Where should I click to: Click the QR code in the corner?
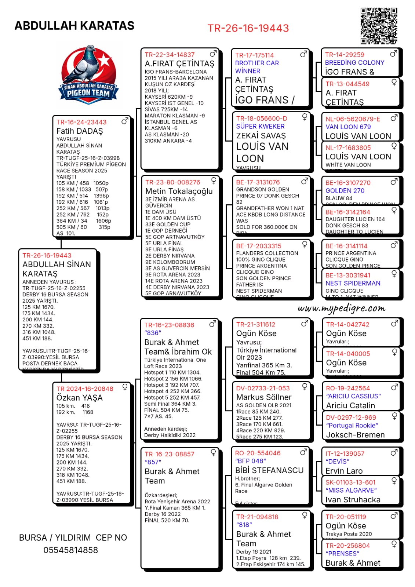[x=379, y=26]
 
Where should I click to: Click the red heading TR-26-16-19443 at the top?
[x=248, y=28]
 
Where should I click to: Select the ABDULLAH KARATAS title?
[x=74, y=26]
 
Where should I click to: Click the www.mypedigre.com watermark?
[x=342, y=309]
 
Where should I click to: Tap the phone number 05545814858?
[x=71, y=550]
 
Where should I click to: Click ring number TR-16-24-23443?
[x=81, y=122]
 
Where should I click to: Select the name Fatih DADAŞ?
[x=80, y=131]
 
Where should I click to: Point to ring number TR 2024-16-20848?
[x=85, y=389]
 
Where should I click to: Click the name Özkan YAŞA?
[x=79, y=398]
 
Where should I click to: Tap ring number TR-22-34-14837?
[x=170, y=55]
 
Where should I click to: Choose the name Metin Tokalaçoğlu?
[x=179, y=191]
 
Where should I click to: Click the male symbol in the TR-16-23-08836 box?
[x=213, y=324]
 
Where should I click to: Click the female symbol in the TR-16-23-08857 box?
[x=213, y=453]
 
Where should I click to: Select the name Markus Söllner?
[x=264, y=397]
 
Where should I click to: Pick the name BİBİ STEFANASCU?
[x=269, y=470]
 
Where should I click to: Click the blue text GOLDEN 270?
[x=345, y=191]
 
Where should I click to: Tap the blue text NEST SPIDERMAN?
[x=353, y=283]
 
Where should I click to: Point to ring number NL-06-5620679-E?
[x=353, y=119]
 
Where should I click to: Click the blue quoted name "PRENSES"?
[x=342, y=554]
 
